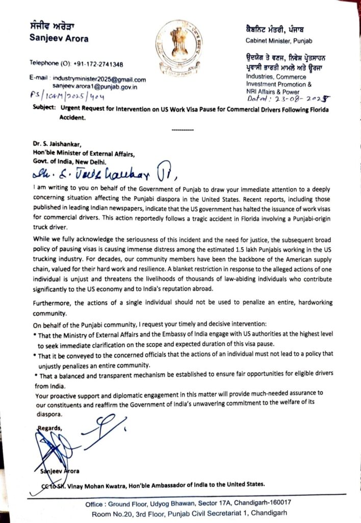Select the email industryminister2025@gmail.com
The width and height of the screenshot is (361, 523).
pyautogui.click(x=99, y=80)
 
